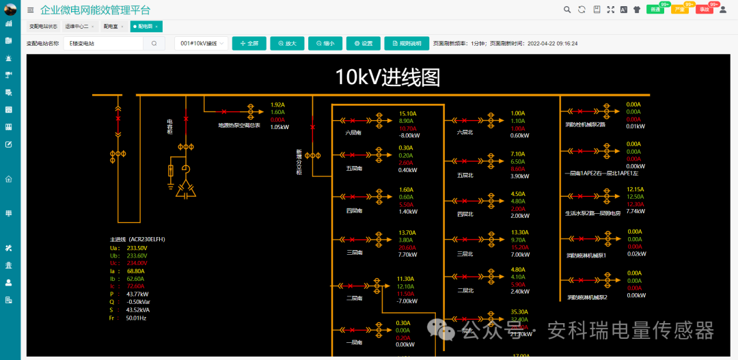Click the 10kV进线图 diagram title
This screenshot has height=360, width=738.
tap(387, 77)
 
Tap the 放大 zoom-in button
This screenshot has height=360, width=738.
tap(287, 43)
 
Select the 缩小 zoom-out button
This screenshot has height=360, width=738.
tap(325, 43)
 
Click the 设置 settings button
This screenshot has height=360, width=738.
tap(363, 43)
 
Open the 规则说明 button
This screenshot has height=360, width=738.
tap(407, 43)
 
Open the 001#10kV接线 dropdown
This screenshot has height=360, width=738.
tap(200, 43)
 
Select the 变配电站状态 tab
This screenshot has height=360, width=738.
tap(43, 26)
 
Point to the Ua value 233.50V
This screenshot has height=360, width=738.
tap(137, 248)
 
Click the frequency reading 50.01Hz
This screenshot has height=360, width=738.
tap(135, 318)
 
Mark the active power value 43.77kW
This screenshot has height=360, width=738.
tap(137, 294)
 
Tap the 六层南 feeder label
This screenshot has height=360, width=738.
tap(353, 133)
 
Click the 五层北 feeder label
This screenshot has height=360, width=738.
tap(465, 175)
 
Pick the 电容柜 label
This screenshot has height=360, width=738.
tap(170, 126)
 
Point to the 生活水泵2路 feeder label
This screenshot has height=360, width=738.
tap(592, 212)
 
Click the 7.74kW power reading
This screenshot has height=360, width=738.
tap(636, 211)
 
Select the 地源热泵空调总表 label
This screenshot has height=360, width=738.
tap(239, 126)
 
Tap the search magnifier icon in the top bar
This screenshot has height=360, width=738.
tap(566, 10)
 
